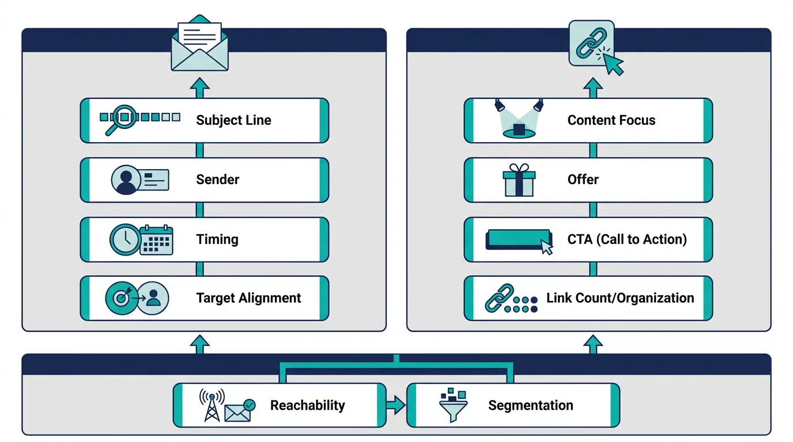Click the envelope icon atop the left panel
click(x=199, y=43)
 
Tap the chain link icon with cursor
click(x=595, y=47)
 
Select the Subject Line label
click(x=233, y=120)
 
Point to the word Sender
click(x=218, y=180)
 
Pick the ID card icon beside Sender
click(x=154, y=180)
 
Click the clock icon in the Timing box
click(x=124, y=239)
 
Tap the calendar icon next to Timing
click(x=157, y=239)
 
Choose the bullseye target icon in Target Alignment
click(x=121, y=298)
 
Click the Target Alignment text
click(x=248, y=298)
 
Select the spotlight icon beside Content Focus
click(x=519, y=119)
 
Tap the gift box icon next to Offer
click(x=519, y=180)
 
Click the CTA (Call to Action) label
click(x=627, y=239)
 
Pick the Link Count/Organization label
click(x=620, y=298)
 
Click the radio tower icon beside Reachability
click(x=212, y=405)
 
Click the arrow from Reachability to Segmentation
click(x=396, y=405)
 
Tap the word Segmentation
click(x=531, y=405)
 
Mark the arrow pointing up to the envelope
click(x=199, y=87)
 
